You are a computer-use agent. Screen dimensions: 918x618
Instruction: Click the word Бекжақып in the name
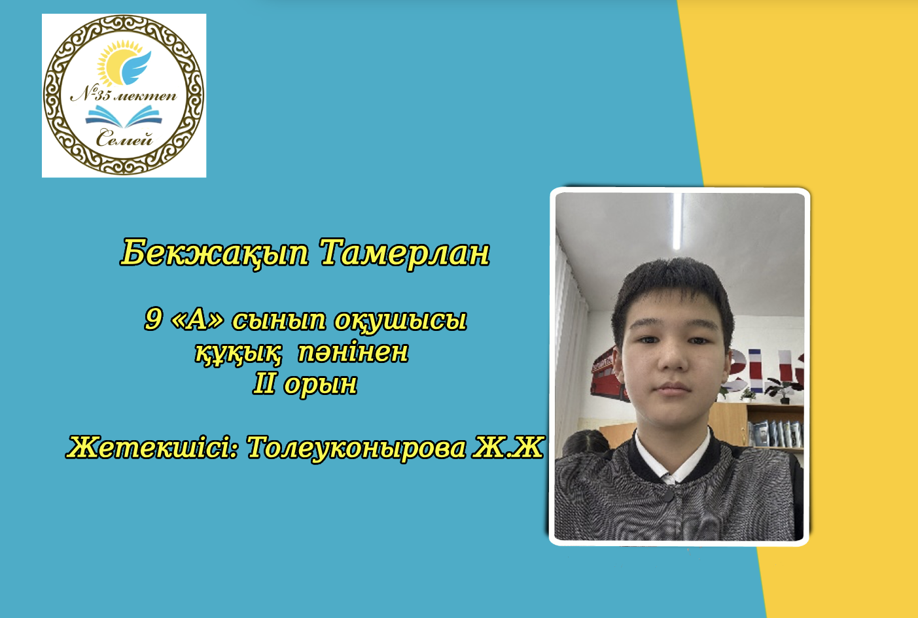click(x=215, y=254)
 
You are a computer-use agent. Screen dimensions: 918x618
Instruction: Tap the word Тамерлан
click(x=405, y=253)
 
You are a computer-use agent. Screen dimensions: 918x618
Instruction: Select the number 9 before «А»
click(x=153, y=319)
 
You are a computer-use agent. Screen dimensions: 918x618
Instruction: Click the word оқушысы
click(x=400, y=320)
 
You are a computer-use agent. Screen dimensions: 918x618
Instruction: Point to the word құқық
click(x=238, y=352)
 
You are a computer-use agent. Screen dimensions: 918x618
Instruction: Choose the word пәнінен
click(x=353, y=352)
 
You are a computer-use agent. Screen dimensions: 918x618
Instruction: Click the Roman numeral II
click(x=264, y=384)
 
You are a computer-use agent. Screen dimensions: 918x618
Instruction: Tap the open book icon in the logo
click(x=124, y=116)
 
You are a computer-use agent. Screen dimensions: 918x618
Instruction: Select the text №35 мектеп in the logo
click(x=124, y=95)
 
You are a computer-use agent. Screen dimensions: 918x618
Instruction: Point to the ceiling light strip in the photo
click(x=677, y=221)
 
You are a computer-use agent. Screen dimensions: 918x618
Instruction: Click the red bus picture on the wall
click(x=606, y=373)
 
